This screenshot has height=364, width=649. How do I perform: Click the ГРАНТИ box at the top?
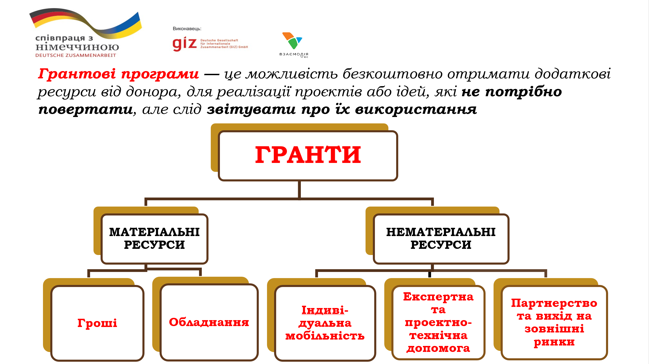pyautogui.click(x=308, y=155)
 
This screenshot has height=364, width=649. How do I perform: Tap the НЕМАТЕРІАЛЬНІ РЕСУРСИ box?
pyautogui.click(x=441, y=239)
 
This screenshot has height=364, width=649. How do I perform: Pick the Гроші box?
pyautogui.click(x=97, y=323)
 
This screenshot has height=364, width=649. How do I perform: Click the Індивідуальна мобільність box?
pyautogui.click(x=325, y=323)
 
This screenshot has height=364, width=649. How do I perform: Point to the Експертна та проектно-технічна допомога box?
pyautogui.click(x=438, y=322)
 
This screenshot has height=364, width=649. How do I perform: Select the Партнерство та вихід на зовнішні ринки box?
pyautogui.click(x=554, y=322)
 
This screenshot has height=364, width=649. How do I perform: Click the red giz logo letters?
pyautogui.click(x=184, y=44)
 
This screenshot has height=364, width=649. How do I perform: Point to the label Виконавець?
pyautogui.click(x=187, y=29)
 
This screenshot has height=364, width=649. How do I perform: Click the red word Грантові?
pyautogui.click(x=77, y=74)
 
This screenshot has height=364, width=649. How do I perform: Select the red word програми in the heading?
pyautogui.click(x=160, y=74)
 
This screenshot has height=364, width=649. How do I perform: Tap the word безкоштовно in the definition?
pyautogui.click(x=392, y=74)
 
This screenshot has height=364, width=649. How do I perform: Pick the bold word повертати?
pyautogui.click(x=86, y=109)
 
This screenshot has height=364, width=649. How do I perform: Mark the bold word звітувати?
pyautogui.click(x=251, y=109)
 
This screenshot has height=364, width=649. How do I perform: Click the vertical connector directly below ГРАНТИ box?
pyautogui.click(x=299, y=189)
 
